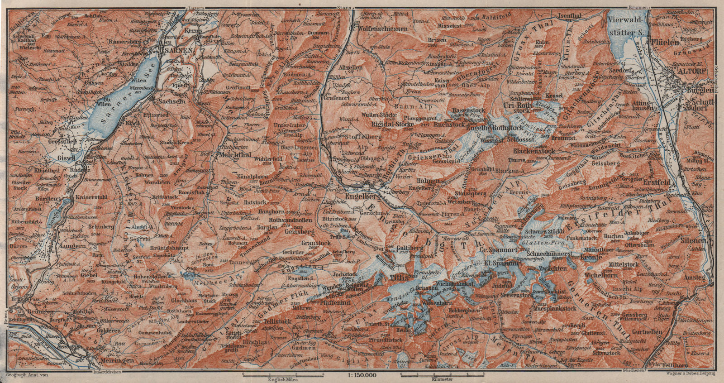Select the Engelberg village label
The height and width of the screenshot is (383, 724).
pyautogui.click(x=361, y=197)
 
